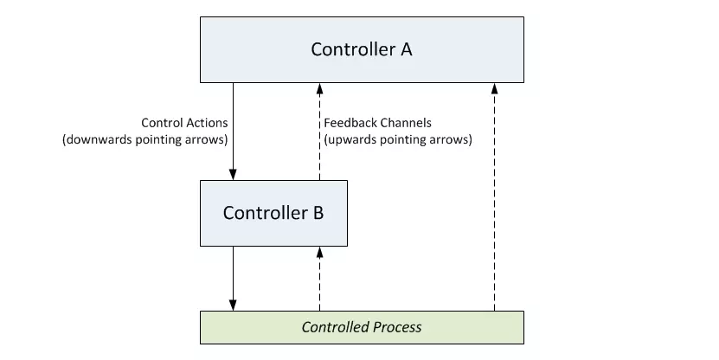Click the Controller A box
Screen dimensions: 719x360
(362, 49)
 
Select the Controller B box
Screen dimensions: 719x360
(273, 213)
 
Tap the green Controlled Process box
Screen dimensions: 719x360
(362, 327)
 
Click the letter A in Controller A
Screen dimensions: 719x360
(407, 49)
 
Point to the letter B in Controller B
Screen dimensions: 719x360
(318, 213)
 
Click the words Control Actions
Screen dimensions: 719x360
(184, 123)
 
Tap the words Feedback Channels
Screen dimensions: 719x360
(378, 123)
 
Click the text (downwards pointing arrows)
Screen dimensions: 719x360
(145, 139)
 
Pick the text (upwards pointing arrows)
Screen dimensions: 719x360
(398, 139)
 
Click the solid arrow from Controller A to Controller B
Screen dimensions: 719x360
(233, 132)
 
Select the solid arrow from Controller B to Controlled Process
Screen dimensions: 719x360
(233, 279)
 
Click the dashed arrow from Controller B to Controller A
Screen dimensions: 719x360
(319, 132)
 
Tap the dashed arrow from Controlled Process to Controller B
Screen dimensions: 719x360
(319, 279)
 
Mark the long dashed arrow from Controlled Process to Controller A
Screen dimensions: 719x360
(494, 197)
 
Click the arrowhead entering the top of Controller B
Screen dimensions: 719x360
(233, 175)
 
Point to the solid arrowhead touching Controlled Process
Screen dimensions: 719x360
(233, 305)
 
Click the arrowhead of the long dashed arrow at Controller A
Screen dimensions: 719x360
(494, 88)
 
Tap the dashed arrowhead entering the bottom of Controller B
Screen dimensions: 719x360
(319, 252)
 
